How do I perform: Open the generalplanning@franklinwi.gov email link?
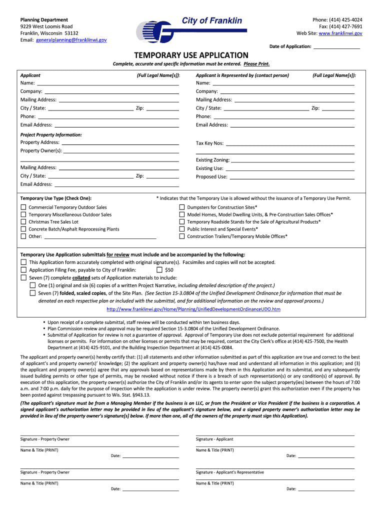[x=71, y=39]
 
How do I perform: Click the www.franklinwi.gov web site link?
[x=340, y=33]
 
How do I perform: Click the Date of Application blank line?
[x=336, y=47]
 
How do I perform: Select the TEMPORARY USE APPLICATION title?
[x=192, y=55]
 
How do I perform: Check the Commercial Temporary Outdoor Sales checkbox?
[x=23, y=207]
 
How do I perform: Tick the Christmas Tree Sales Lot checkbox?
[x=23, y=222]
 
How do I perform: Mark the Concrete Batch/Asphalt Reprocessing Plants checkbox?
[x=23, y=229]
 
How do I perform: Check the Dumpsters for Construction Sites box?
[x=182, y=207]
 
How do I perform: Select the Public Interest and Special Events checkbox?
[x=182, y=229]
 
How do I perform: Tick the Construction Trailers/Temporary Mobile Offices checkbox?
[x=182, y=236]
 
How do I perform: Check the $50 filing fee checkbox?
[x=159, y=270]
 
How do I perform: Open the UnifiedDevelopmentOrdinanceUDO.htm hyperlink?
[x=193, y=309]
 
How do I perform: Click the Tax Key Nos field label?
[x=209, y=143]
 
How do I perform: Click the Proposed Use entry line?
[x=291, y=177]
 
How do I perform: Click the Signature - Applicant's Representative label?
[x=229, y=472]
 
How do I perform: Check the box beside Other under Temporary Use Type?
[x=23, y=236]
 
